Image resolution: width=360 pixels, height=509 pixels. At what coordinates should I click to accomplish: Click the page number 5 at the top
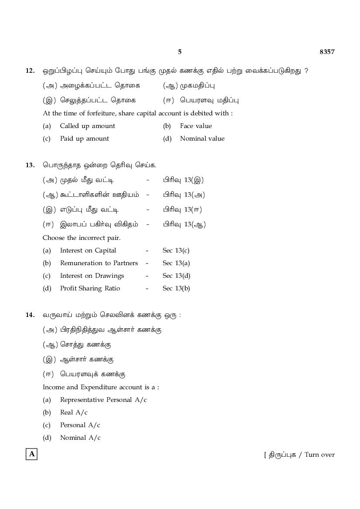pyautogui.click(x=180, y=52)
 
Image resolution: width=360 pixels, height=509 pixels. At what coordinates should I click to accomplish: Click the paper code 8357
pyautogui.click(x=327, y=52)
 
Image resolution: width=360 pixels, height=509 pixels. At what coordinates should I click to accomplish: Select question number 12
pyautogui.click(x=30, y=71)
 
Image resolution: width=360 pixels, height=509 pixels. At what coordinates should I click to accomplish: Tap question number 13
pyautogui.click(x=30, y=165)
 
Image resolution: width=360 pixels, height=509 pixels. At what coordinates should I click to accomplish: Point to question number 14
pyautogui.click(x=30, y=315)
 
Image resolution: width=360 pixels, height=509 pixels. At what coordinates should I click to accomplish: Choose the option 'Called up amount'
pyautogui.click(x=88, y=126)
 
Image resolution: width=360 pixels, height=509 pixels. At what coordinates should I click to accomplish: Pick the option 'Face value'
pyautogui.click(x=196, y=126)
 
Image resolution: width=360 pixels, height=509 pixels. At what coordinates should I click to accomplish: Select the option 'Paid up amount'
pyautogui.click(x=85, y=138)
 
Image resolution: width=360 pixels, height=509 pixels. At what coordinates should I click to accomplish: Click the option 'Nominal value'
pyautogui.click(x=202, y=138)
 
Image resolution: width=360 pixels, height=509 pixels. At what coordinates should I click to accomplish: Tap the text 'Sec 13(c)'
pyautogui.click(x=176, y=250)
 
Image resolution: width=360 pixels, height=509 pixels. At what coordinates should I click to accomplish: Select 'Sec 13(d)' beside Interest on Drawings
pyautogui.click(x=177, y=276)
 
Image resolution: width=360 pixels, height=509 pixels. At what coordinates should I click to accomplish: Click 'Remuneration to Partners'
pyautogui.click(x=99, y=263)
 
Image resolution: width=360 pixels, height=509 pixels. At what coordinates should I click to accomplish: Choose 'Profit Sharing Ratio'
pyautogui.click(x=90, y=288)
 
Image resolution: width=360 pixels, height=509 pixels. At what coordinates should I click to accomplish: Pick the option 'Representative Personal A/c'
pyautogui.click(x=103, y=400)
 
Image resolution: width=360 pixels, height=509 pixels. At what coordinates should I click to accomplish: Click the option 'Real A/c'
pyautogui.click(x=74, y=412)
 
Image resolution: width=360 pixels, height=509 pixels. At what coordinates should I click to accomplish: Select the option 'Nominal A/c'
pyautogui.click(x=80, y=438)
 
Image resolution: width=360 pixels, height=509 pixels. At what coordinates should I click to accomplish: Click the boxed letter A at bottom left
pyautogui.click(x=32, y=454)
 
